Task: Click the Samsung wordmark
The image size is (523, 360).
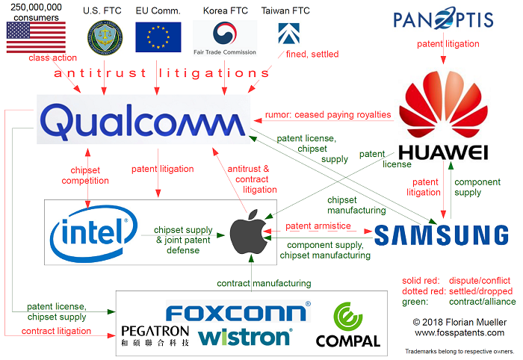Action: coord(442,235)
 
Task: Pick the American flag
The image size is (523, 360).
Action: coord(35,37)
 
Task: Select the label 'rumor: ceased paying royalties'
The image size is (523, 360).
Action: coord(327,115)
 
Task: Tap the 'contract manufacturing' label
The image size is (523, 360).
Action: coord(264,283)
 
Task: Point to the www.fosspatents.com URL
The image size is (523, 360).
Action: coord(459,332)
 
